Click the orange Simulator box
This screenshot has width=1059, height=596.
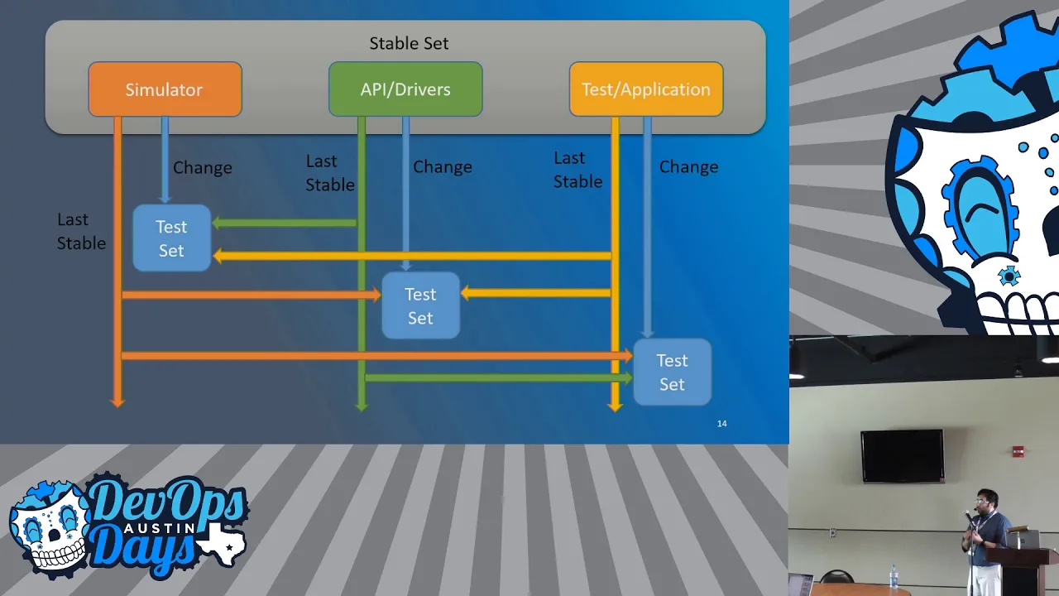click(x=165, y=89)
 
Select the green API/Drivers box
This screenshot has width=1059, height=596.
click(x=405, y=89)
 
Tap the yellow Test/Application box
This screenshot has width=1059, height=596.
click(x=646, y=89)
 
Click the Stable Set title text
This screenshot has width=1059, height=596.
click(x=409, y=43)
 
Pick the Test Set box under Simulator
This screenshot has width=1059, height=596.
click(x=171, y=238)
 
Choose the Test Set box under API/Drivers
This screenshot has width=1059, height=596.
click(x=421, y=305)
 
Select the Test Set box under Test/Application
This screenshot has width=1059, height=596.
click(x=673, y=372)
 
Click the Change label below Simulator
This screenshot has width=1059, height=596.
click(x=203, y=167)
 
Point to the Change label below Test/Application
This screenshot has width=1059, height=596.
click(x=689, y=166)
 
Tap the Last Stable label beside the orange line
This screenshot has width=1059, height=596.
click(x=81, y=231)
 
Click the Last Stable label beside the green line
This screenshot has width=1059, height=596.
click(x=329, y=173)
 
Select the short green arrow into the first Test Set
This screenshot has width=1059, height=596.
click(x=285, y=223)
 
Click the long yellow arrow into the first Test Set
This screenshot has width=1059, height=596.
click(x=412, y=257)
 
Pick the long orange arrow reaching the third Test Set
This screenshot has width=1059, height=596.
click(x=377, y=356)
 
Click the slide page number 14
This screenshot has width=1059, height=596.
click(x=722, y=423)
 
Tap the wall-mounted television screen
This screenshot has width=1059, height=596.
click(x=902, y=456)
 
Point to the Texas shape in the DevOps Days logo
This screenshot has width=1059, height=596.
click(x=223, y=543)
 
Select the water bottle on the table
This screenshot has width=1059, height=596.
click(x=894, y=577)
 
